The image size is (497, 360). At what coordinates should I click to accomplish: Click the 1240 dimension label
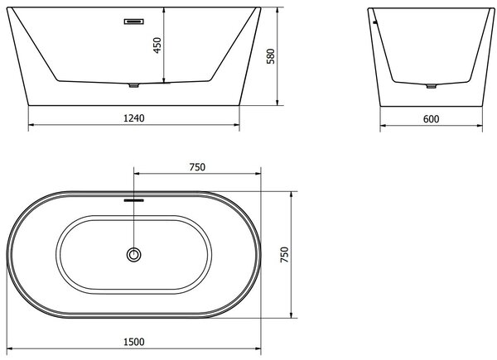click(133, 118)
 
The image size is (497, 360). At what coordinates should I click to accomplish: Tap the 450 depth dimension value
click(157, 46)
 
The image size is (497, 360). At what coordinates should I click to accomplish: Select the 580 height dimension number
click(271, 56)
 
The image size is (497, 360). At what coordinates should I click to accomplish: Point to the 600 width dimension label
click(431, 119)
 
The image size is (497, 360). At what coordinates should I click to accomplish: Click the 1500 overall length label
click(133, 342)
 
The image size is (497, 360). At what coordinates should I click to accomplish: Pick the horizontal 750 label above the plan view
click(197, 167)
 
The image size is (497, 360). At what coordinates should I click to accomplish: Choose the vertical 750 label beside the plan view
click(285, 255)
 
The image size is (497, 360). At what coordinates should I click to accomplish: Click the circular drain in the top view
click(133, 255)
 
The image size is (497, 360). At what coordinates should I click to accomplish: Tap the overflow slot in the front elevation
click(133, 22)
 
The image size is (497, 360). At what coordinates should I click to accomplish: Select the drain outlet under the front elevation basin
click(133, 85)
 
